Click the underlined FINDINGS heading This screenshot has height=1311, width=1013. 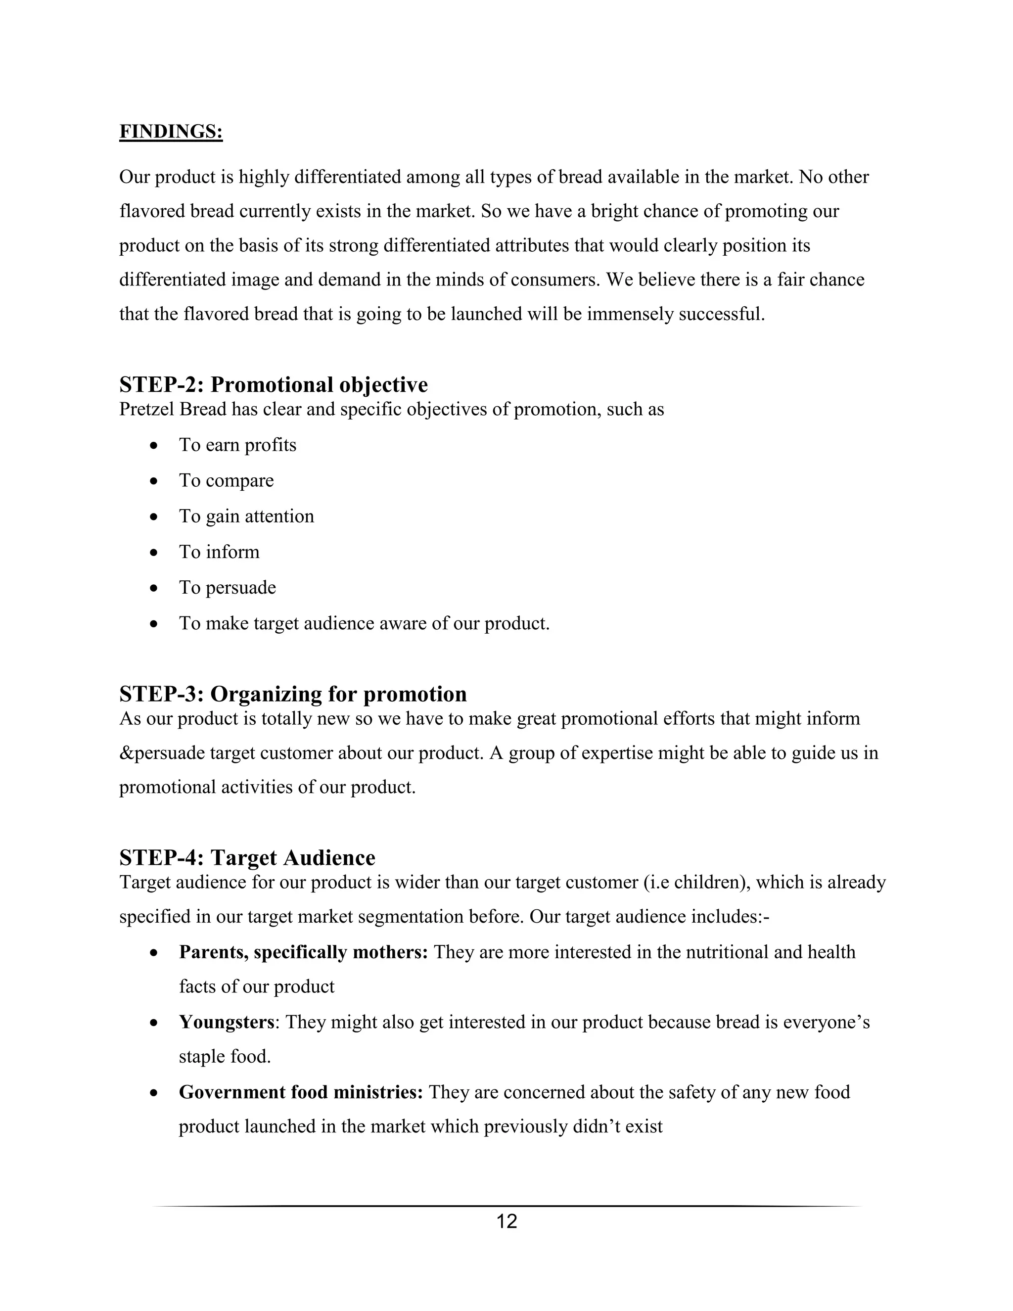(171, 132)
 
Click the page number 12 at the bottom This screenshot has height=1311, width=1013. (506, 1221)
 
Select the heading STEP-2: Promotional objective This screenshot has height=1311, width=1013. (274, 384)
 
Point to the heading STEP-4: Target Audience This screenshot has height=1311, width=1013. (247, 857)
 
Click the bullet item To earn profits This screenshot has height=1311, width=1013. (237, 445)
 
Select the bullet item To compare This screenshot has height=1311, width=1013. (226, 480)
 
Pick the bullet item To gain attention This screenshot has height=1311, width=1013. (246, 516)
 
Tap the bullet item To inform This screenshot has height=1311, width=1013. (219, 552)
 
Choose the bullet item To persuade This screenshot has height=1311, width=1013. (228, 587)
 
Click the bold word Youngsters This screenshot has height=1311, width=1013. (226, 1022)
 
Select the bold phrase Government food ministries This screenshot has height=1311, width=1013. (301, 1092)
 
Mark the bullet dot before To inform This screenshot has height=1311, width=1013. (154, 552)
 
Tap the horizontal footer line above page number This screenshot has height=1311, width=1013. (506, 1205)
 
